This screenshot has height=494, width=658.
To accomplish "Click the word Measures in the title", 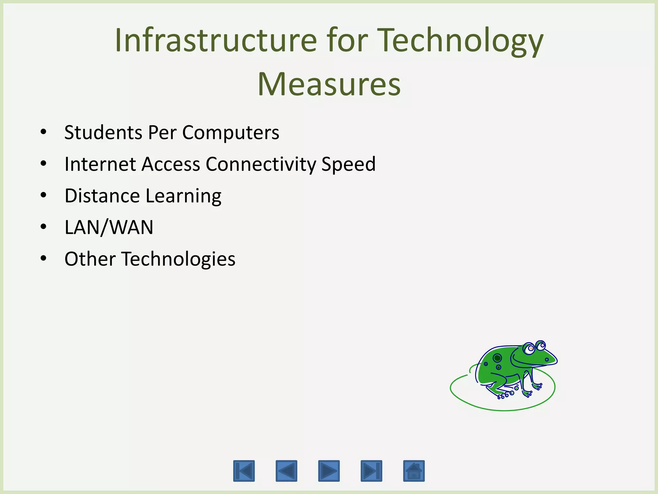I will coord(329,84).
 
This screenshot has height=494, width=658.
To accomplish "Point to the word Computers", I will coord(231,132).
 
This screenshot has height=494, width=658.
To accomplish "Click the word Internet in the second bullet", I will coord(100,164).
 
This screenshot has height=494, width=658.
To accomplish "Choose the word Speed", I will coord(348,164).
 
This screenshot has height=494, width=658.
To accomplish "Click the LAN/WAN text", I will coord(109,227).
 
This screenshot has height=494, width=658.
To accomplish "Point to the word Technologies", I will coord(178,259).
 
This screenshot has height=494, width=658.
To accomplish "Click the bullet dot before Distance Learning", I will coord(44,195).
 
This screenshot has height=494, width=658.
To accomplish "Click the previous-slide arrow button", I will coord(286,471).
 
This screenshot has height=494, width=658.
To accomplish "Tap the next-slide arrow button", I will coord(329,471).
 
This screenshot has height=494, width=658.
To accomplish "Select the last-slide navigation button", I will coord(371,471).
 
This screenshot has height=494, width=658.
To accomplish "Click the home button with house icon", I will coord(414,471).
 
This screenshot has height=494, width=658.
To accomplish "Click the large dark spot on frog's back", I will coord(497,358).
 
